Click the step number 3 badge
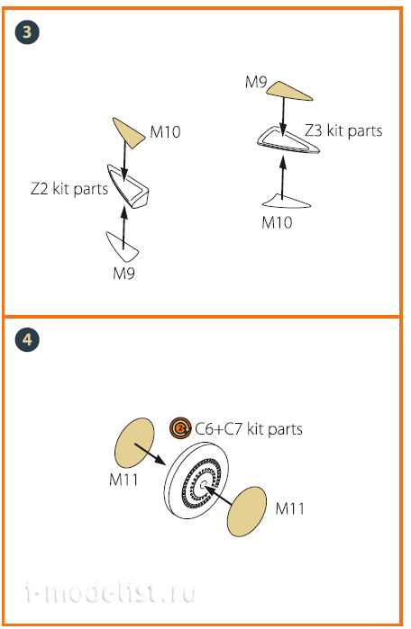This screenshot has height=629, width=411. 27,32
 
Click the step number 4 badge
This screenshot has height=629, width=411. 27,340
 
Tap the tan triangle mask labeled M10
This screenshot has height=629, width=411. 128,132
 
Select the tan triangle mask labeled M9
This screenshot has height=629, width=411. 288,91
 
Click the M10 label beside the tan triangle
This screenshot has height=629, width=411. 165,131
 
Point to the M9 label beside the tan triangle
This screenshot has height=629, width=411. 256,82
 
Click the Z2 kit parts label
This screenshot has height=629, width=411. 69,189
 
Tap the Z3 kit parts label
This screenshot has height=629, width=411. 343,130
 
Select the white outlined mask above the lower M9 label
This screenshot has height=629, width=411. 123,246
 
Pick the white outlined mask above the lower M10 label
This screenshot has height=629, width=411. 287,202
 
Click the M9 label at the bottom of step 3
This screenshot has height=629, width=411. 123,274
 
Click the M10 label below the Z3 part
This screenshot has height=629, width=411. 277,222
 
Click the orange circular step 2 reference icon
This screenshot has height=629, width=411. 180,428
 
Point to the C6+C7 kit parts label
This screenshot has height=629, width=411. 249,429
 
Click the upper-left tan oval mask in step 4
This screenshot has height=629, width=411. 134,443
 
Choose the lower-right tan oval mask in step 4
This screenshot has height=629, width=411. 247,511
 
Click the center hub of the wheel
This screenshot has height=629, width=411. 202,485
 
